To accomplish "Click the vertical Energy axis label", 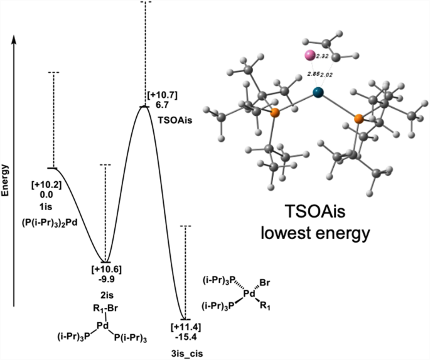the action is click(x=6, y=181).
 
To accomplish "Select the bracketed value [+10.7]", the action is click(x=162, y=95).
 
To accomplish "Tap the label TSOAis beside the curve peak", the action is click(x=161, y=117).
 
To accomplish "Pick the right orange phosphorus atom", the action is click(x=358, y=119).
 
